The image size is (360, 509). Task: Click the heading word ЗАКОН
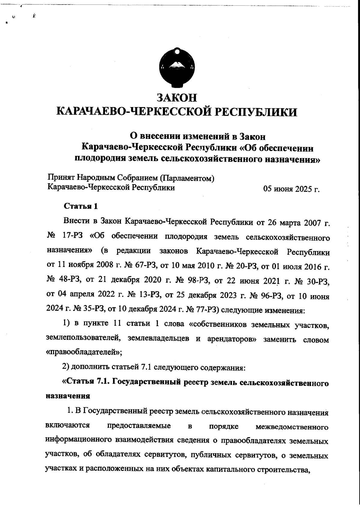click(177, 98)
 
